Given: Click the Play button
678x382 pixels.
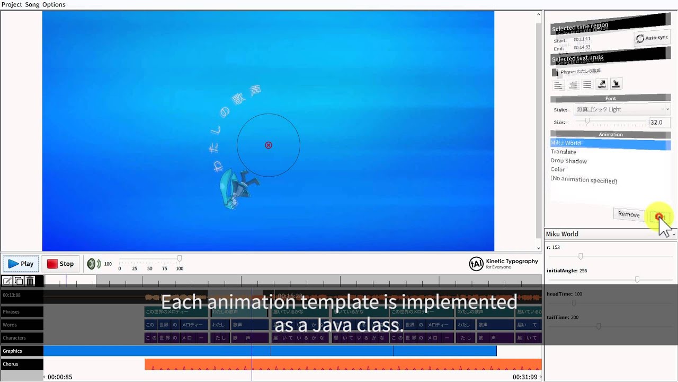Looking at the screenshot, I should click(21, 264).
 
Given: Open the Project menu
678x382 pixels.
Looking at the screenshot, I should click(12, 4).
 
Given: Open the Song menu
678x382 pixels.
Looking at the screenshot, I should click(32, 4).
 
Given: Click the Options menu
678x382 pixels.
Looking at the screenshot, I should click(53, 4).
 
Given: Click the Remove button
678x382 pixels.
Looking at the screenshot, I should click(629, 214).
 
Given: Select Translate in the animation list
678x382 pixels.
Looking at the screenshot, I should click(563, 152).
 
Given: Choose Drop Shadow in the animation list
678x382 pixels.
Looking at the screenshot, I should click(568, 161).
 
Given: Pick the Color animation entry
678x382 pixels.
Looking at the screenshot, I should click(558, 170).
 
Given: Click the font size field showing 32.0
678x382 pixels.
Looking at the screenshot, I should click(659, 122).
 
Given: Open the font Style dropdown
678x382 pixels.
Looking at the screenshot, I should click(622, 109).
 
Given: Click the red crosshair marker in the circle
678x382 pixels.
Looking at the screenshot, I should click(269, 145).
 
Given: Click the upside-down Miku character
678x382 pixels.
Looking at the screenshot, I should click(238, 188).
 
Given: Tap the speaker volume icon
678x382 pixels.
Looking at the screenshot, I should click(94, 264).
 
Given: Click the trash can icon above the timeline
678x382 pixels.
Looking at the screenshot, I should click(30, 281).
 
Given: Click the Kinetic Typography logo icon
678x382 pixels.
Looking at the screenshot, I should click(476, 264).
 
